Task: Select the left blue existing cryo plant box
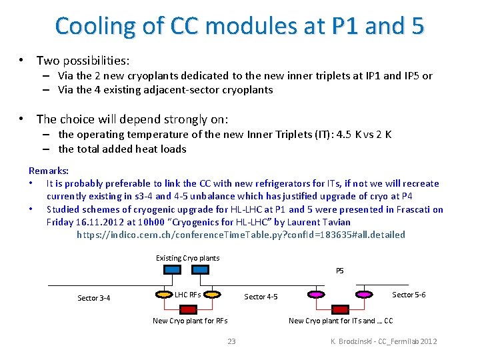click(172, 269)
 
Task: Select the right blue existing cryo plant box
click(199, 269)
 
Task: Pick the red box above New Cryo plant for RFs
click(189, 309)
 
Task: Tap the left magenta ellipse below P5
click(315, 293)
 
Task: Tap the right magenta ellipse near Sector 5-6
click(364, 293)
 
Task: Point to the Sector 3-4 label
click(94, 298)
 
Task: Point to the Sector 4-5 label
click(261, 297)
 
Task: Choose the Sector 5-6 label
click(409, 295)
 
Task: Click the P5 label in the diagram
click(339, 271)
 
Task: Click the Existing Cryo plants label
click(187, 258)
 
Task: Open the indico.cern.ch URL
click(241, 235)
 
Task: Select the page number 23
click(232, 341)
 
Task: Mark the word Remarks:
click(49, 171)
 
